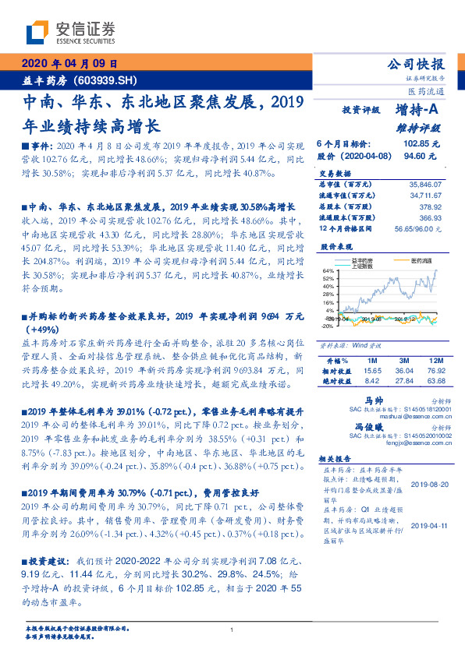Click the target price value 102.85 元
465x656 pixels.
click(421, 144)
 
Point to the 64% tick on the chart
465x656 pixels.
click(329, 270)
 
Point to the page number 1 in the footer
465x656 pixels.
click(232, 630)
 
